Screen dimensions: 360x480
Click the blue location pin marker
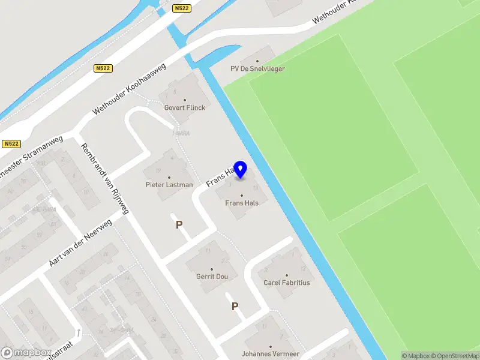241,170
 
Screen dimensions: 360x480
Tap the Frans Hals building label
242,203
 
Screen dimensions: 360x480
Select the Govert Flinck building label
184,108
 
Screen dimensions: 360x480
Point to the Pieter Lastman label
169,185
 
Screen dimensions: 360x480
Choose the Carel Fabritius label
287,282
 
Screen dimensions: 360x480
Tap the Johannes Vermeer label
270,354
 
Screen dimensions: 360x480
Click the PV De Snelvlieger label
257,68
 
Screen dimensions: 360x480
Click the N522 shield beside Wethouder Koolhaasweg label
103,69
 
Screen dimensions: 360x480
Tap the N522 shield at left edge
11,144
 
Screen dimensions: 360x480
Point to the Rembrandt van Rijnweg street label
105,179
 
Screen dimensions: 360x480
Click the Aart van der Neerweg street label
80,242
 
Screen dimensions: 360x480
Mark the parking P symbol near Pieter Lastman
178,225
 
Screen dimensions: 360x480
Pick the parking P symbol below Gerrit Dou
235,307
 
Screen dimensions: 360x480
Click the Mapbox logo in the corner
25,353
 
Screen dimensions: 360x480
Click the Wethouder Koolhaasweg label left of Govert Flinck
130,83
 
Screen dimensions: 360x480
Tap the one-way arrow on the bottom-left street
78,332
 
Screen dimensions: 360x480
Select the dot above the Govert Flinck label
184,100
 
